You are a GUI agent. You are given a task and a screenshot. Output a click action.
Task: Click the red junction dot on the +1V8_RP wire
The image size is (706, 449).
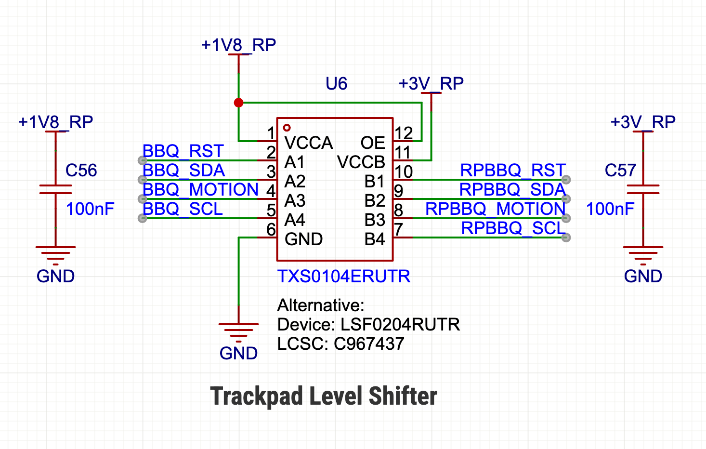pos(238,103)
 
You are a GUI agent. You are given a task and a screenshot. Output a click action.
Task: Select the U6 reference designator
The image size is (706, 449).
pos(336,83)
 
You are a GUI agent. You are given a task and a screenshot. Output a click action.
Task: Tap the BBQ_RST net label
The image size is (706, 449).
pos(183,151)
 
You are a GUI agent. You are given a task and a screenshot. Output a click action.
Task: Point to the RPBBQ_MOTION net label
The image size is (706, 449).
pos(496,209)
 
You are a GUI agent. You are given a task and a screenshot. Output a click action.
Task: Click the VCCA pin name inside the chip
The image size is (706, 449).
pos(309,143)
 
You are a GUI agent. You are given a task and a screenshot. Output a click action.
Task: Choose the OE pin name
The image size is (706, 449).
pos(373,143)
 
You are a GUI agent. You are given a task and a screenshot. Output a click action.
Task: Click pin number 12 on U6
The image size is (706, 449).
pos(404,133)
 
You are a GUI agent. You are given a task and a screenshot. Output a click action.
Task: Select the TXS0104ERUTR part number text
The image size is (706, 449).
pos(344,277)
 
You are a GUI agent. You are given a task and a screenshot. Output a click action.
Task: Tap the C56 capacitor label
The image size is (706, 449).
pos(81,170)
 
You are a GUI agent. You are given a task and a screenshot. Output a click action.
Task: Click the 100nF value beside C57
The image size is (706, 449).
pos(610,209)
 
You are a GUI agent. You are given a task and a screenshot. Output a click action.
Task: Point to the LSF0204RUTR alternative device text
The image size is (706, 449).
pos(400,324)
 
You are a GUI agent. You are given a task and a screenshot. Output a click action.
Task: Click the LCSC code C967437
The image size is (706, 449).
pos(369,343)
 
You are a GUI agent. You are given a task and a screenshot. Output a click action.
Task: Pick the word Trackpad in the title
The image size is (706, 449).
pos(257,396)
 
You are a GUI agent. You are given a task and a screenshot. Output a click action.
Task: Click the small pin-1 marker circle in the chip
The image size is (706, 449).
pos(287,128)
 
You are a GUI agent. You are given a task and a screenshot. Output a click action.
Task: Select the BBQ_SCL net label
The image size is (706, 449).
pos(183,209)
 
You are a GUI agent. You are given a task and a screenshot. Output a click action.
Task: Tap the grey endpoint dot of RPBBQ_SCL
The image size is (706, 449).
pos(566,238)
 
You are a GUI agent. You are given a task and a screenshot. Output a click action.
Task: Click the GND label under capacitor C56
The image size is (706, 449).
pos(55,277)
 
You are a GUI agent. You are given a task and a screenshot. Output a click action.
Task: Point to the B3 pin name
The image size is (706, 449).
pos(375,220)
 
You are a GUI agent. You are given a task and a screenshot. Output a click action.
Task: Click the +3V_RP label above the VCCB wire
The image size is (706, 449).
pos(431,84)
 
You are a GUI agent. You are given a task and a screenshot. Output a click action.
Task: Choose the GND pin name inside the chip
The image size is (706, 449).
pos(304,239)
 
